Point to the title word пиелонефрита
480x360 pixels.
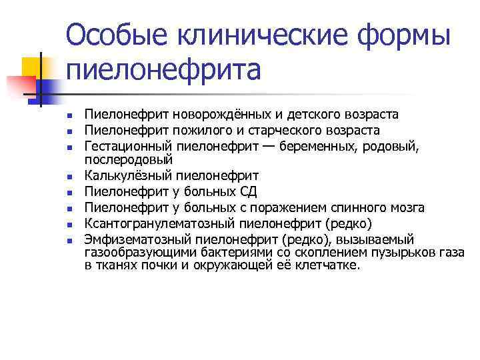163,69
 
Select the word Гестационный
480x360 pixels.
129,146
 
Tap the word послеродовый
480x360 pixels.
128,160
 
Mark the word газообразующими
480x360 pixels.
137,251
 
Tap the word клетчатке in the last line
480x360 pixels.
329,265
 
